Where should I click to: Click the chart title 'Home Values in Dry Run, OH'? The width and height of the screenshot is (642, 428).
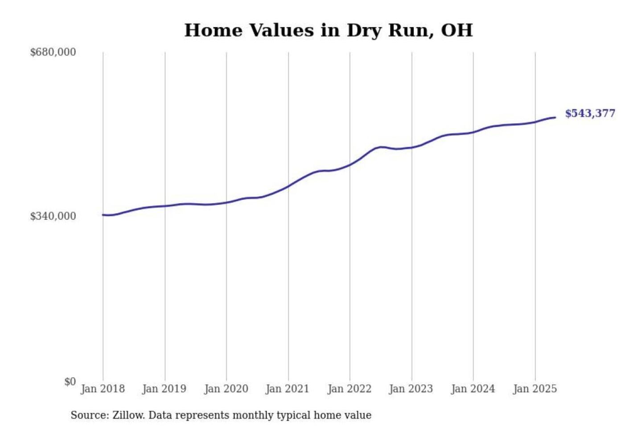pyautogui.click(x=328, y=30)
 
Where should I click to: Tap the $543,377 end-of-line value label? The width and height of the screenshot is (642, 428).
pyautogui.click(x=590, y=113)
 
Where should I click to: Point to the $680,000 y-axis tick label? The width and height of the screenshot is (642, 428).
pyautogui.click(x=53, y=52)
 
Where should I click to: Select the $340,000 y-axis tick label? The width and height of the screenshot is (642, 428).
pyautogui.click(x=53, y=216)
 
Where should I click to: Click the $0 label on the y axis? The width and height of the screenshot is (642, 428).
pyautogui.click(x=70, y=382)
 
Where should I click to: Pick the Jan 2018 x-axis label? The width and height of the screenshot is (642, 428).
pyautogui.click(x=103, y=389)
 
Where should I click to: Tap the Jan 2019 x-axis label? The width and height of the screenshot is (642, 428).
pyautogui.click(x=164, y=389)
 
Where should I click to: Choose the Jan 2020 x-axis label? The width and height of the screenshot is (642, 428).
pyautogui.click(x=226, y=389)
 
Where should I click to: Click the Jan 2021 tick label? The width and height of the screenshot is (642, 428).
pyautogui.click(x=288, y=389)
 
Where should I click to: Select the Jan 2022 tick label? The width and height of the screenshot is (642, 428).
pyautogui.click(x=350, y=389)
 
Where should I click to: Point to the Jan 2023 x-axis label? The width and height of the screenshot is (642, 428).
pyautogui.click(x=411, y=389)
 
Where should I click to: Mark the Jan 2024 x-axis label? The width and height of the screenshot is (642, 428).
pyautogui.click(x=473, y=389)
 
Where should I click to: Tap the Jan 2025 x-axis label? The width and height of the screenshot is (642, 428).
pyautogui.click(x=535, y=389)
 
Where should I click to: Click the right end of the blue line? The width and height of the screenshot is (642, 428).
pyautogui.click(x=555, y=118)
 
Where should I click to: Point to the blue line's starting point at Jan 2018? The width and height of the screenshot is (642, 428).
pyautogui.click(x=103, y=215)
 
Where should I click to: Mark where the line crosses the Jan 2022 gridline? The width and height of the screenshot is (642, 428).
pyautogui.click(x=350, y=165)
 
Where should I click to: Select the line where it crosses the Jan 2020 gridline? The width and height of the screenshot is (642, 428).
pyautogui.click(x=226, y=202)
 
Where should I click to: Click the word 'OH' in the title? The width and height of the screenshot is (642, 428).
pyautogui.click(x=457, y=30)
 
